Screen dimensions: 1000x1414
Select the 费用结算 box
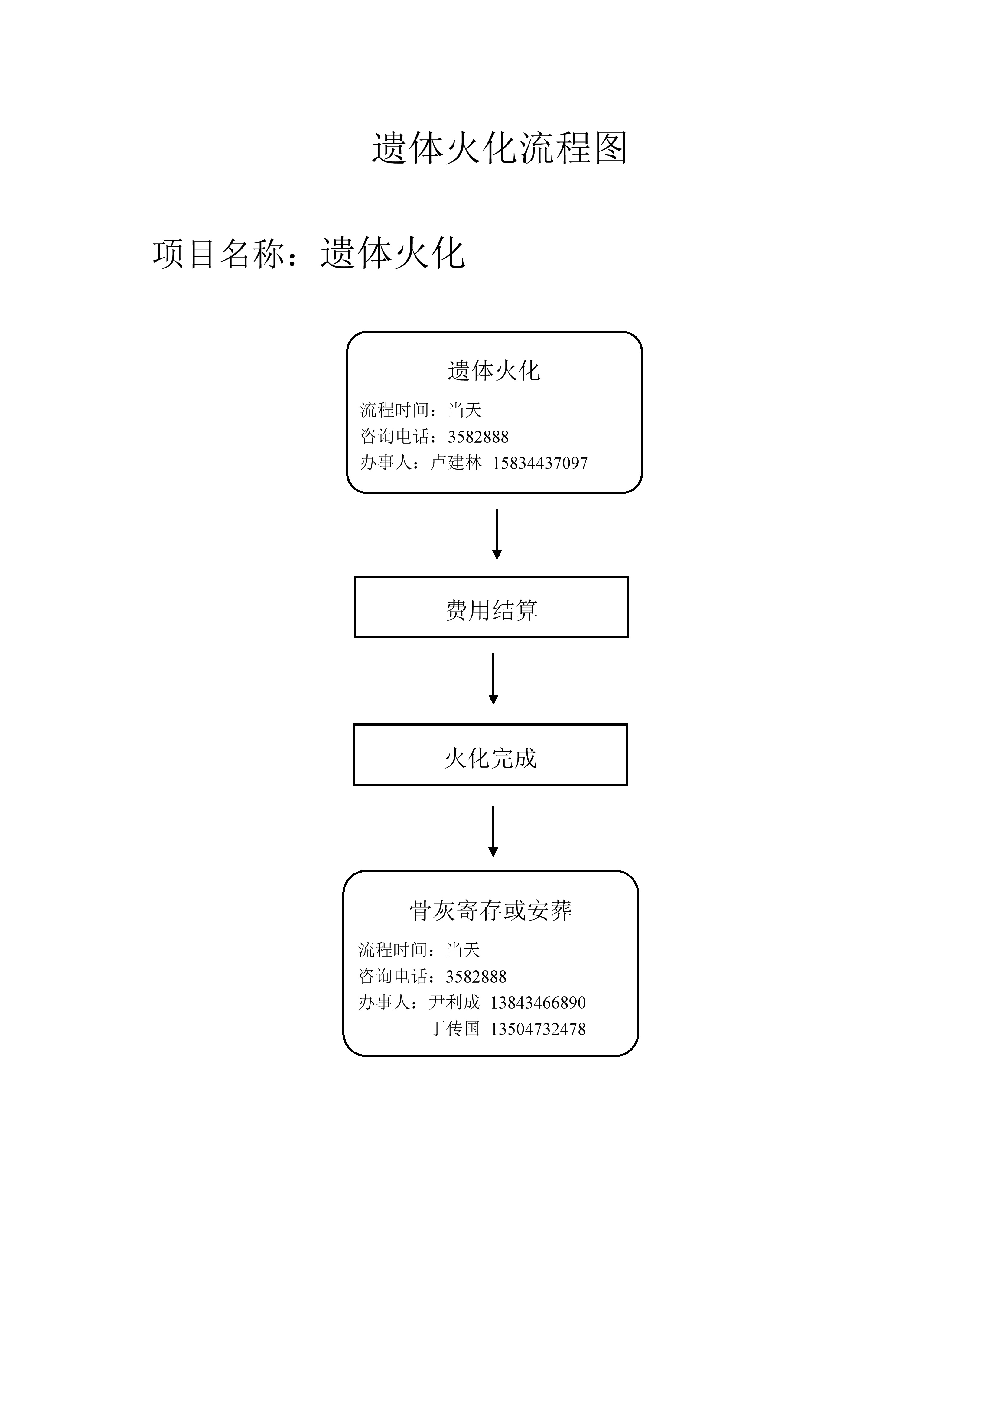click(491, 607)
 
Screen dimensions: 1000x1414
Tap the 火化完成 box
click(490, 754)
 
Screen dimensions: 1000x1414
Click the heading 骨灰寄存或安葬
click(490, 910)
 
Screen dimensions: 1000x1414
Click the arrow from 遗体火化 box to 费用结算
click(497, 534)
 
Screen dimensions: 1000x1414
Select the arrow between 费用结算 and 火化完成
click(493, 679)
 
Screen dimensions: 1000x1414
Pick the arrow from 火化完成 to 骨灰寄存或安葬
click(493, 831)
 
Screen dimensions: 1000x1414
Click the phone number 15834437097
click(540, 463)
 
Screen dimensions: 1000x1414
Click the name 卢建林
click(456, 463)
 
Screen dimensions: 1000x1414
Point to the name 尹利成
click(454, 1003)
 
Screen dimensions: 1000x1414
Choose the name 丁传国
click(454, 1029)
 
